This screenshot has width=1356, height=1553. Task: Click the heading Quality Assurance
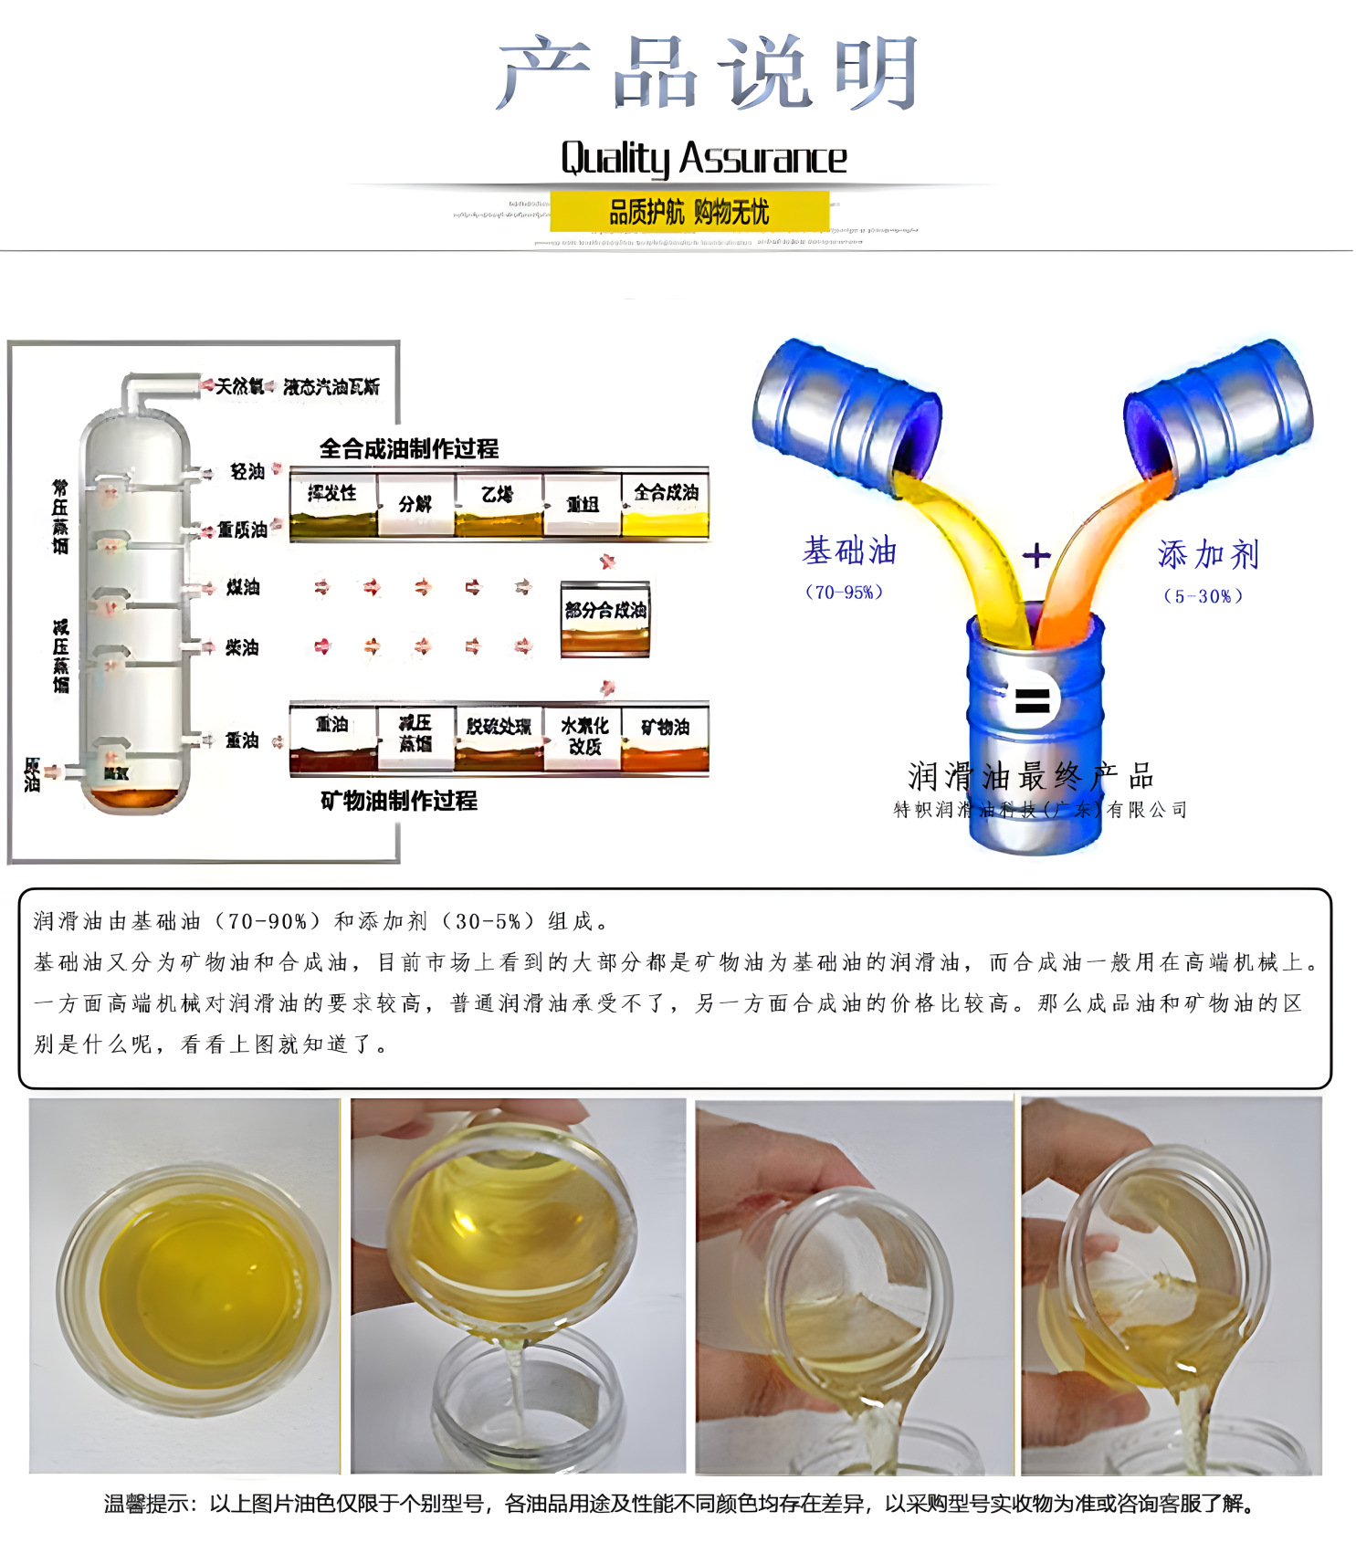click(703, 159)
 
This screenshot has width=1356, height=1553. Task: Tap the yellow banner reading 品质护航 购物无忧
click(689, 212)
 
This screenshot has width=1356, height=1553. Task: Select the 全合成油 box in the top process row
click(666, 505)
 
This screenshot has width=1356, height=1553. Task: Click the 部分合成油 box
click(605, 618)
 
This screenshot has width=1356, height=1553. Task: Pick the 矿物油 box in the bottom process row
click(665, 737)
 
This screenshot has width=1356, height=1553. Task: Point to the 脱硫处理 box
click(499, 737)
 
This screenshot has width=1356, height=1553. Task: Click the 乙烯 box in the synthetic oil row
click(498, 505)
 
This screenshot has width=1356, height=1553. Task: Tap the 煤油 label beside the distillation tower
click(243, 587)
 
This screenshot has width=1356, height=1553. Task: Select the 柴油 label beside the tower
click(243, 647)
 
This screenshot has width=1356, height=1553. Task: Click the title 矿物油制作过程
click(398, 801)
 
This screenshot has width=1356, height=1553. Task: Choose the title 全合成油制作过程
click(408, 448)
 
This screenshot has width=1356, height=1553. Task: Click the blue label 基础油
click(849, 551)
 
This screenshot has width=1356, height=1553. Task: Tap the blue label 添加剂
click(1208, 554)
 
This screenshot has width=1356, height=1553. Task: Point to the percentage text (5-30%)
click(1203, 596)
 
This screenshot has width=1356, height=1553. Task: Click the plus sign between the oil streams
click(1036, 555)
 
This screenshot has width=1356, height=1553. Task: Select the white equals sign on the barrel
click(1033, 701)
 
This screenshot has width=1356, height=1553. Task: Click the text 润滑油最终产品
click(1031, 777)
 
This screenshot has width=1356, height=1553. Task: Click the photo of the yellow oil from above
click(184, 1285)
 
